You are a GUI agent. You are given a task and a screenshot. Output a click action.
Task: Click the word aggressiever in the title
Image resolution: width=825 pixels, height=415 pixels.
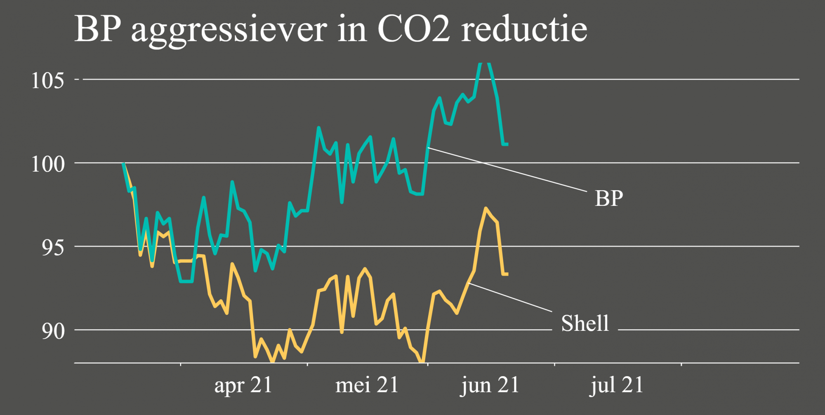click(229, 31)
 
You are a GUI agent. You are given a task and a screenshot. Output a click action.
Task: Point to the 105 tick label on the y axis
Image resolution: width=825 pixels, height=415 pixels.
click(48, 80)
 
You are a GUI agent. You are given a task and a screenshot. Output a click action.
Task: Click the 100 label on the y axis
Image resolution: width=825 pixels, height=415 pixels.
click(48, 164)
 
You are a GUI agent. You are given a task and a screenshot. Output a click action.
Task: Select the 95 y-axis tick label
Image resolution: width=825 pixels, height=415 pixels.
click(53, 248)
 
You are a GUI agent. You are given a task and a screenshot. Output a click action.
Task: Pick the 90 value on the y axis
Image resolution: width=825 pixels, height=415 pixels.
click(53, 331)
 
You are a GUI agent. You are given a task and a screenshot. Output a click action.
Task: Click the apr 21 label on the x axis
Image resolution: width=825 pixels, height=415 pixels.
click(243, 385)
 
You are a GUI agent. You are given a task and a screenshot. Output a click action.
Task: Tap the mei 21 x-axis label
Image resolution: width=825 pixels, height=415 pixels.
click(367, 385)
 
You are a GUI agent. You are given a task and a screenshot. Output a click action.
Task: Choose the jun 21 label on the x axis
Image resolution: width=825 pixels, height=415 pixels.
click(490, 385)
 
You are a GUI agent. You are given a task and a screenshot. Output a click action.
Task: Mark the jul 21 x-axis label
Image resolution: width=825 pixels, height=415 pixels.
click(616, 385)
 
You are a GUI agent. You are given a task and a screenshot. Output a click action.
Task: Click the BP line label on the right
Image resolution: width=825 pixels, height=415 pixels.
click(609, 198)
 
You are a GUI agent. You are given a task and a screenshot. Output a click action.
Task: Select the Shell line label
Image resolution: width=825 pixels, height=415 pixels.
click(585, 323)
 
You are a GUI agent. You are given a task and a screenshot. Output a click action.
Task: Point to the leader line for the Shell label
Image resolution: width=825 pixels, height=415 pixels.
click(510, 297)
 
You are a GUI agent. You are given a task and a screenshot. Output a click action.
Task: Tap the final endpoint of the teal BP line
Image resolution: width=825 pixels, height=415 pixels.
click(507, 144)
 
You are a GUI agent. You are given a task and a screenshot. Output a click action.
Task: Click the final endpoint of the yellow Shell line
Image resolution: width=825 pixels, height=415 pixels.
click(507, 274)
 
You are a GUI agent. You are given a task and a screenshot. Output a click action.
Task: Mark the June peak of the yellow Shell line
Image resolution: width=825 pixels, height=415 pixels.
click(486, 208)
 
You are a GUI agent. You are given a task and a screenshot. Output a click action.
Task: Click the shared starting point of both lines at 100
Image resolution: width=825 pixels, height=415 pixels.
click(123, 164)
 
